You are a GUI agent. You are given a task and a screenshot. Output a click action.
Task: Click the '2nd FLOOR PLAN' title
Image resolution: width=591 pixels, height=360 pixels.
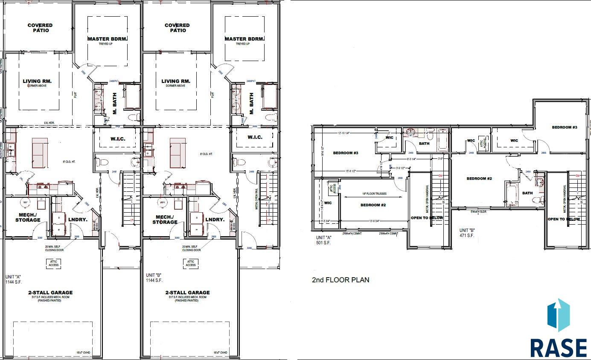click(340, 280)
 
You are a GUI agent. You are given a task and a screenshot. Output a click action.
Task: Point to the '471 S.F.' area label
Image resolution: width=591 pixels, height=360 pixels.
click(467, 235)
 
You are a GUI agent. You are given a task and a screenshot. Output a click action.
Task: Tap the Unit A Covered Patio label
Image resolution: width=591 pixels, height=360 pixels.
click(40, 28)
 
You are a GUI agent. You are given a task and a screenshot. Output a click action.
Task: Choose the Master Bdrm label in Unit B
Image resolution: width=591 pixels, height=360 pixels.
click(242, 39)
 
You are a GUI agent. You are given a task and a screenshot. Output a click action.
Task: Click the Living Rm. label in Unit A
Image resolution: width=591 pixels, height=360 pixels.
click(37, 81)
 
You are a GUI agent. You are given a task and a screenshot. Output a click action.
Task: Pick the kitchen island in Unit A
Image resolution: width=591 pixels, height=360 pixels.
click(40, 152)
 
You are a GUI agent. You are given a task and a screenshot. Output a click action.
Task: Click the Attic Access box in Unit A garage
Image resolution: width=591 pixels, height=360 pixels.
click(53, 263)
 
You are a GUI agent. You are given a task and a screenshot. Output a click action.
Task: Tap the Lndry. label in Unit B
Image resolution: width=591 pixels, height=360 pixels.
click(215, 220)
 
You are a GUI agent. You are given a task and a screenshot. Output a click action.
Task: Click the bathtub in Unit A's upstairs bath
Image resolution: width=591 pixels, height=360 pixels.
click(442, 140)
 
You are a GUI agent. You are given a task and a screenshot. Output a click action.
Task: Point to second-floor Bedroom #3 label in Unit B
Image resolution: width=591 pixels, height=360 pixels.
click(564, 127)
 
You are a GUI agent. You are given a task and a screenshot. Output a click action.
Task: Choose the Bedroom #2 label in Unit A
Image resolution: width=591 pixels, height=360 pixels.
click(373, 205)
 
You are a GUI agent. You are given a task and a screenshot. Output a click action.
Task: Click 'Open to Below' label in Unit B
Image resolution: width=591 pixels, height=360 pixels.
click(564, 219)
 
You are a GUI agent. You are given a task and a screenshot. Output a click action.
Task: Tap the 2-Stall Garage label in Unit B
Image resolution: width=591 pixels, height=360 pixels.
click(187, 293)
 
